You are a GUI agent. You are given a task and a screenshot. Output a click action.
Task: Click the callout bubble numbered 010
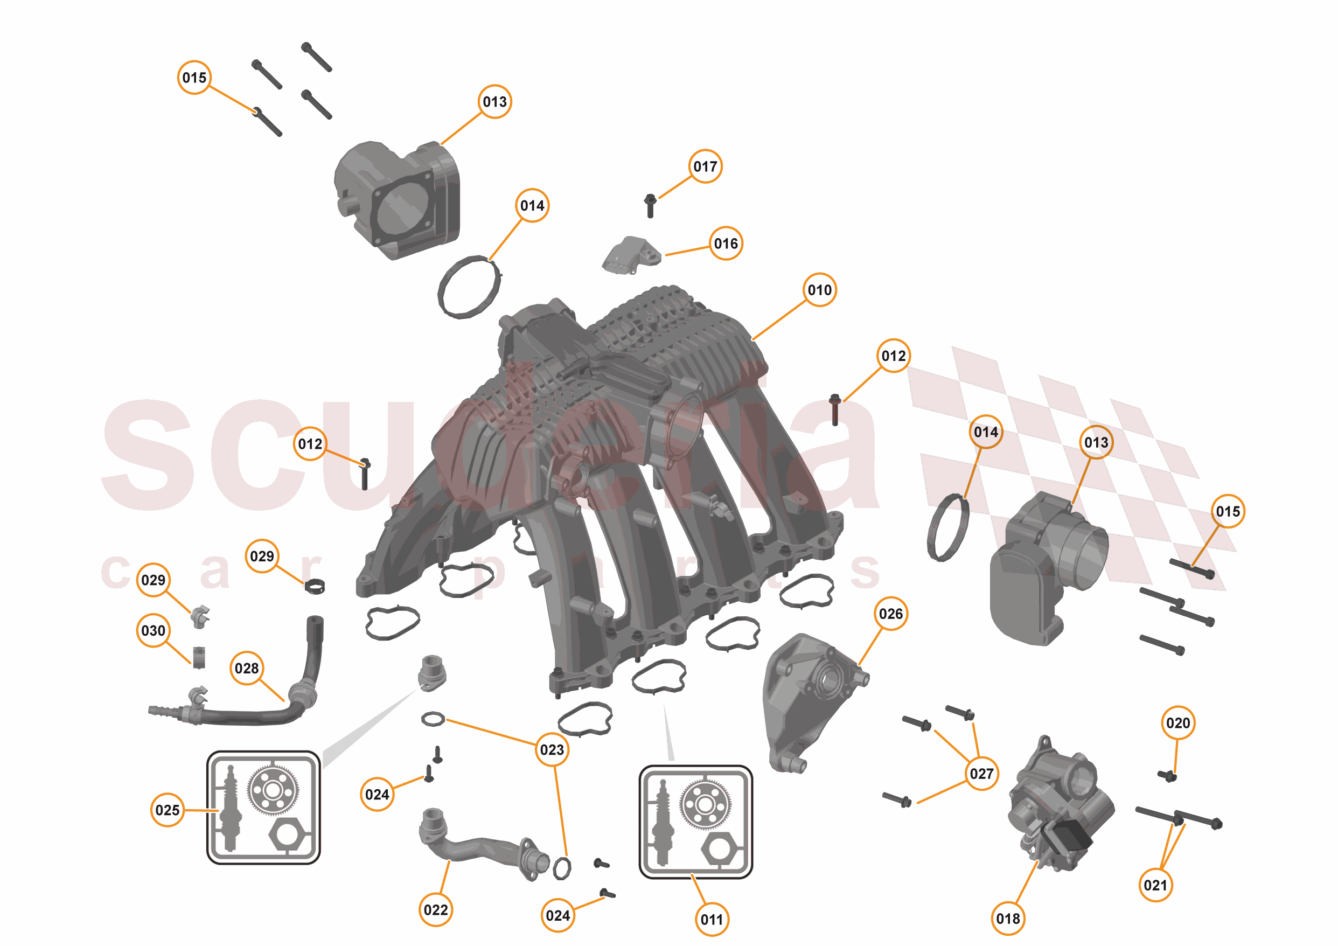[819, 290]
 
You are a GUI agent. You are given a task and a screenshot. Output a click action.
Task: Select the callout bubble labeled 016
[726, 244]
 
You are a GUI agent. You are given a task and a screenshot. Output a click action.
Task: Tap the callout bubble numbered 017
[705, 166]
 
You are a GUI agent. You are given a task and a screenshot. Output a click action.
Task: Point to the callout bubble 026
[890, 614]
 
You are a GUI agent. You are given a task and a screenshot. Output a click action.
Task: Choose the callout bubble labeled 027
[981, 774]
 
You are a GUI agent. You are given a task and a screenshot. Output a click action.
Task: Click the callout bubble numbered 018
[1008, 919]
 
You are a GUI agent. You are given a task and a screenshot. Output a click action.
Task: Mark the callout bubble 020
[1177, 724]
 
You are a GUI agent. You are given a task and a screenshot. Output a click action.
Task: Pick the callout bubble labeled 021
[1155, 885]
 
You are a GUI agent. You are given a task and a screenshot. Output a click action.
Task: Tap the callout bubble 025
[167, 810]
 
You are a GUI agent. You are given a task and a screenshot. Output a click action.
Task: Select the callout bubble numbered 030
[154, 631]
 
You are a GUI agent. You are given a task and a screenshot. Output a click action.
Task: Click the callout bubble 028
[247, 669]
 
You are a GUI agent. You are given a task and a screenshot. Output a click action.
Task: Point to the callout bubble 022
[436, 910]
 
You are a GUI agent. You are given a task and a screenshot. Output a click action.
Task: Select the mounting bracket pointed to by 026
[810, 699]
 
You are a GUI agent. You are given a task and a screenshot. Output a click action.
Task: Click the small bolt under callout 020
[1167, 776]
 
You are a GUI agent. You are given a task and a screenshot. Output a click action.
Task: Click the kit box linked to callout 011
[696, 822]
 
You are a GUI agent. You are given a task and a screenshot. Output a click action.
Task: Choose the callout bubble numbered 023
[552, 749]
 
